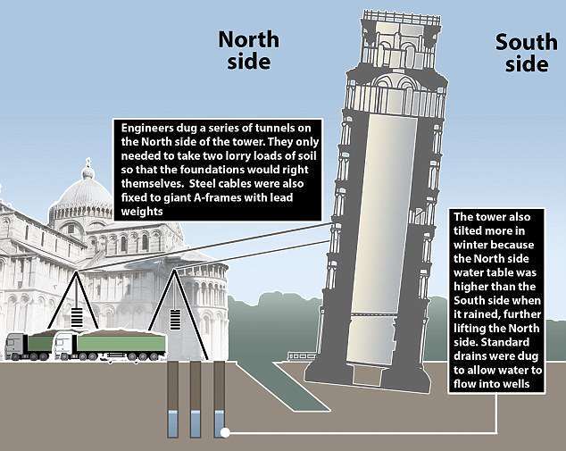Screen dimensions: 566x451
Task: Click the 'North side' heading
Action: (249, 50)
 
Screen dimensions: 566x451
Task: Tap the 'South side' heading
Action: (527, 53)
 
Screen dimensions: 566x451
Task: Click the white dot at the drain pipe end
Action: (225, 432)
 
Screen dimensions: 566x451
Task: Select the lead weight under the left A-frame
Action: (77, 317)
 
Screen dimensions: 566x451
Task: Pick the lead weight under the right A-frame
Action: (175, 319)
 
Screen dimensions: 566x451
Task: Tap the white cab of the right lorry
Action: (65, 344)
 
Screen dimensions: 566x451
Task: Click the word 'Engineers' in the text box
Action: (147, 129)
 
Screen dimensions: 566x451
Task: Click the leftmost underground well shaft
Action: (173, 399)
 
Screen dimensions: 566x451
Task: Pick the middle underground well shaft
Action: (196, 399)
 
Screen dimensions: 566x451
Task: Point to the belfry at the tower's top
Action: (402, 39)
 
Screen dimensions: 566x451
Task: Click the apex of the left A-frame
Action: (76, 271)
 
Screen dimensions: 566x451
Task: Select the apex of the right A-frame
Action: (174, 270)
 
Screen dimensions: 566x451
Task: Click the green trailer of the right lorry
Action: (121, 342)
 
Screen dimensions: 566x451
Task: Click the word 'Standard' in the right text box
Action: (505, 342)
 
